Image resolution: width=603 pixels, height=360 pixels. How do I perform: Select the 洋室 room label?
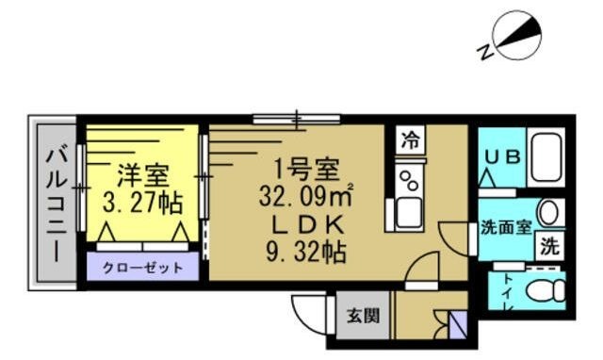click(142, 175)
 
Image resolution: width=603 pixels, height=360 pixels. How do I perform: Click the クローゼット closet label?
click(144, 268)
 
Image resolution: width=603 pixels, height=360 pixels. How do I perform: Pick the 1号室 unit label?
click(305, 171)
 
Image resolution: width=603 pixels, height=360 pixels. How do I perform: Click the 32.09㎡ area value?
click(306, 197)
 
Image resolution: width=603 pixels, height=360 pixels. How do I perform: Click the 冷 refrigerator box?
click(410, 141)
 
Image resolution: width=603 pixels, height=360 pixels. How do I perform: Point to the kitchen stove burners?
click(410, 178)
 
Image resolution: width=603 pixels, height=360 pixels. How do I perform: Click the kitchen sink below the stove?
click(410, 213)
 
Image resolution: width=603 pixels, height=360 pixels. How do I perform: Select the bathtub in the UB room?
click(546, 159)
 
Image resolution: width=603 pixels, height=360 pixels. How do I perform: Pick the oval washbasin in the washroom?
click(549, 212)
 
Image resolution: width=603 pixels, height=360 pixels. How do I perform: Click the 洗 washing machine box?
click(549, 247)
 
